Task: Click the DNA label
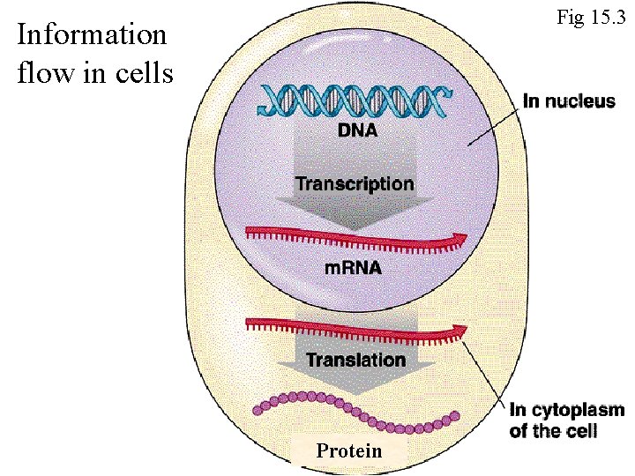click(x=357, y=132)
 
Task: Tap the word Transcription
click(x=354, y=184)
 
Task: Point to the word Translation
click(x=355, y=360)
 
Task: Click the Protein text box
click(x=349, y=450)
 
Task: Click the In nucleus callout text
click(x=569, y=101)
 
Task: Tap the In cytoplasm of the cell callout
click(x=567, y=420)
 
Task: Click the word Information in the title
click(x=92, y=35)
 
